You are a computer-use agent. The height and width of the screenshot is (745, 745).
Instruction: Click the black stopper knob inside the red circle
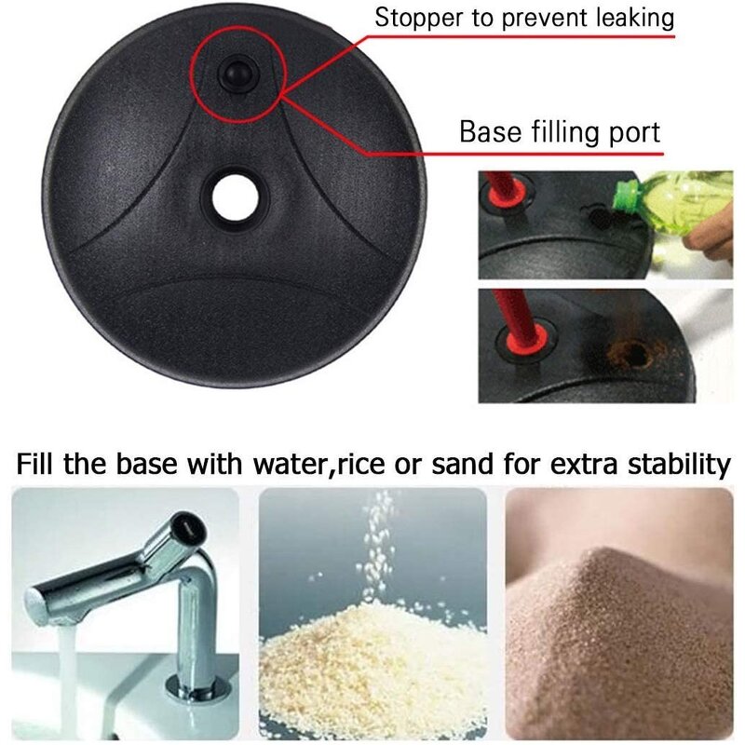(237, 74)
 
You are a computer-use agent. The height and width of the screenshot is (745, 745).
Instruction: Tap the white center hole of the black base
(236, 198)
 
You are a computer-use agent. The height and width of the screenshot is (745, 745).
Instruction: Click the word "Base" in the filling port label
(491, 131)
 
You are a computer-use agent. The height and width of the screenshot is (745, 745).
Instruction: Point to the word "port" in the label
(634, 133)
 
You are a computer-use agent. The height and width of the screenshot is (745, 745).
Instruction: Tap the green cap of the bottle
(626, 198)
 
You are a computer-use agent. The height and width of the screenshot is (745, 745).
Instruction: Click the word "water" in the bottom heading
(291, 464)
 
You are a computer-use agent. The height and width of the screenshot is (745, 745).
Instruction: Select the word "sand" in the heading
(462, 464)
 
